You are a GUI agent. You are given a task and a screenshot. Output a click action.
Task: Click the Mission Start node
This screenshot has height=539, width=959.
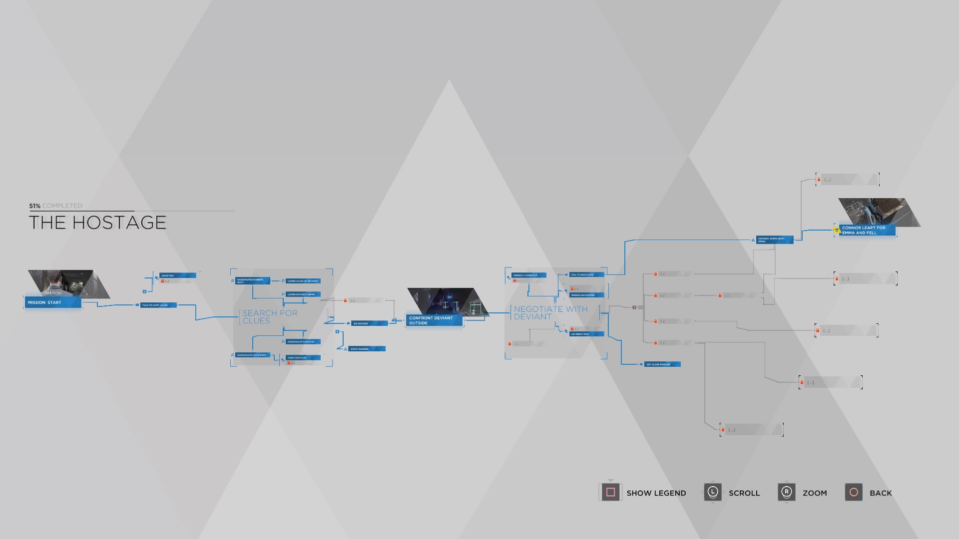tap(53, 302)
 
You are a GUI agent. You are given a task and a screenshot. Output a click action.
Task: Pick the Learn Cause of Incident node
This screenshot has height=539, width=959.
tap(303, 281)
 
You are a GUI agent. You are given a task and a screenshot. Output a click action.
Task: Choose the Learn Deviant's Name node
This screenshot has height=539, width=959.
tap(303, 294)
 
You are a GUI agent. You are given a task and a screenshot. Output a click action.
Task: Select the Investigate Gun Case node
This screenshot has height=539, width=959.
tap(303, 342)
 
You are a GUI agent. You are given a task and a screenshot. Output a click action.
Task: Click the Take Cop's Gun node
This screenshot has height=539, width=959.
tap(303, 358)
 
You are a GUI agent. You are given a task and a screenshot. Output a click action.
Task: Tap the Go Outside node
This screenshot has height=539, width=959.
tap(369, 323)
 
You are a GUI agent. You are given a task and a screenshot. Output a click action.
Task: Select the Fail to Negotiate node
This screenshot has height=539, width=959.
tap(586, 274)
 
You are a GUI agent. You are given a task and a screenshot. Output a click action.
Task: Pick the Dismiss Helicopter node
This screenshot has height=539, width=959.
tap(586, 295)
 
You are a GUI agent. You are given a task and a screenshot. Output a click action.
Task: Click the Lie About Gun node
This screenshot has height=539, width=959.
tap(586, 334)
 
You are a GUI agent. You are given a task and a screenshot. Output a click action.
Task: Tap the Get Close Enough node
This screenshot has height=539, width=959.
tap(662, 364)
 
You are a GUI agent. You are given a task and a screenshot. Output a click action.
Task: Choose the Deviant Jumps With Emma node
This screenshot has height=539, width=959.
tap(774, 240)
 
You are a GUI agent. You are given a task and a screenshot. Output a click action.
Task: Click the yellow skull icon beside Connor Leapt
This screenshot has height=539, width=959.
tap(837, 230)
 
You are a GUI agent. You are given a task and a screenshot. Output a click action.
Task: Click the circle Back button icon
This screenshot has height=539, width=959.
tap(854, 493)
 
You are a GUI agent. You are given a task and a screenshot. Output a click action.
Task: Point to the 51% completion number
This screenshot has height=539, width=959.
tap(34, 206)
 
